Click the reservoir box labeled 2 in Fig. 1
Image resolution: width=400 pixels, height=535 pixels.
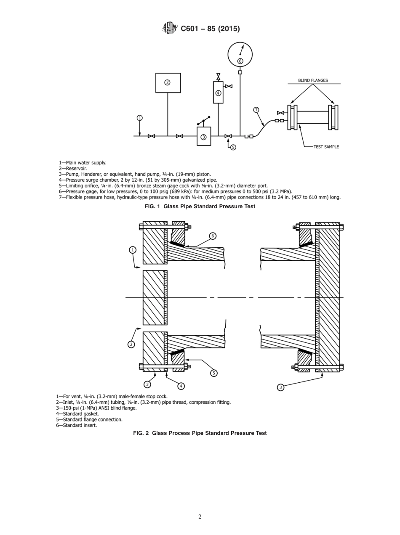[168, 83]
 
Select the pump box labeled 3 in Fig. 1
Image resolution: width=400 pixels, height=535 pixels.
[204, 137]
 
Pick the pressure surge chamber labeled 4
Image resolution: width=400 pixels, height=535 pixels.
[218, 93]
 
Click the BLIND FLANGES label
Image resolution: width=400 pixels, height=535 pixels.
[313, 80]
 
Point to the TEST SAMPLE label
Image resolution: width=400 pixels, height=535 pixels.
[326, 147]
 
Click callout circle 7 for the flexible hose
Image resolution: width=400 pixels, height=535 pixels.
[256, 110]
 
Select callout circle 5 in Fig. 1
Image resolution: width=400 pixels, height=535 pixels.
[233, 147]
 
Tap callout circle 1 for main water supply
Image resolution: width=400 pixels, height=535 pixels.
[140, 118]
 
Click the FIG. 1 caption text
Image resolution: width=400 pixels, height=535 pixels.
[200, 206]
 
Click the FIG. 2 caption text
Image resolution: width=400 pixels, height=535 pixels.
[200, 433]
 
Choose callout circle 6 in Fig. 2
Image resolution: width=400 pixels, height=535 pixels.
[213, 236]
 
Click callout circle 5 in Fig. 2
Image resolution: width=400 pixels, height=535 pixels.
[214, 373]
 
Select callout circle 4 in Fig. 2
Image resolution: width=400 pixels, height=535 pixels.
[181, 386]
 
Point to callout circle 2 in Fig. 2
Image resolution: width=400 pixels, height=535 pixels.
[131, 344]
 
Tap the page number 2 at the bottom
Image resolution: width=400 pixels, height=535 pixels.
[200, 516]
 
